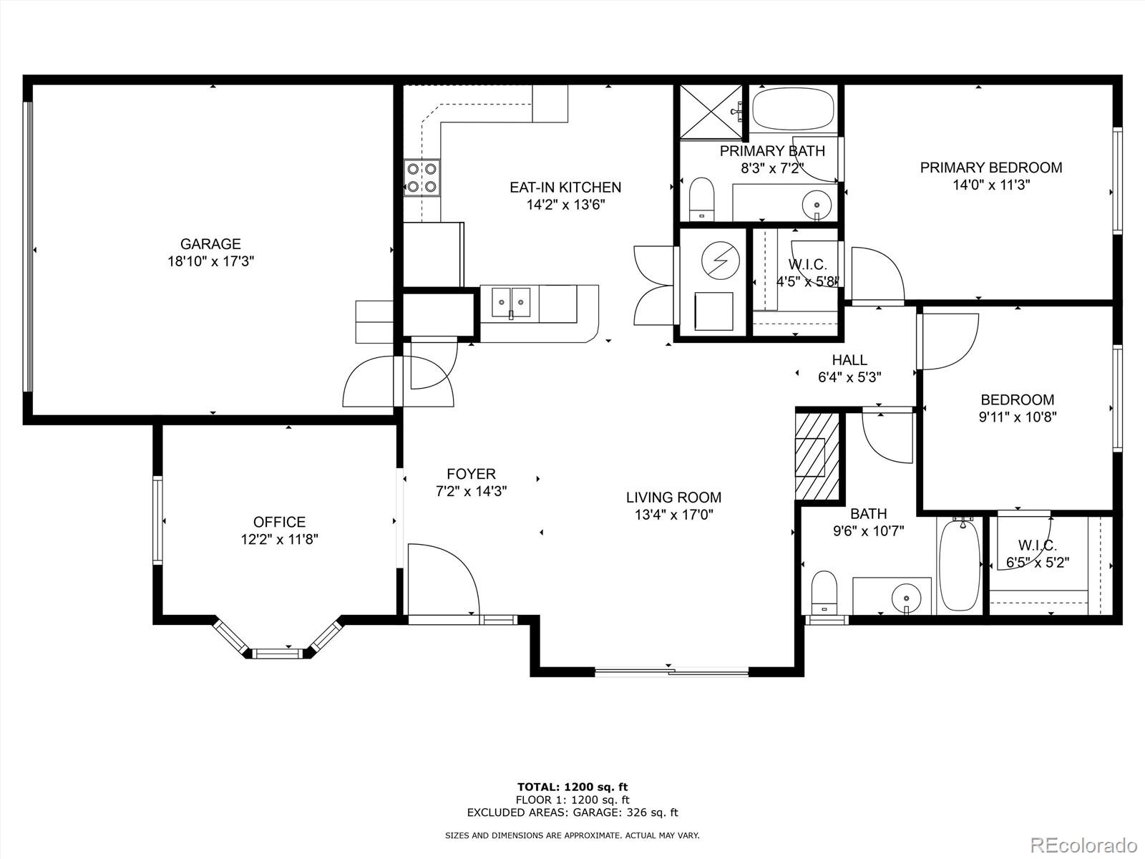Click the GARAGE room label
tap(210, 244)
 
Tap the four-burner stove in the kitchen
tap(422, 178)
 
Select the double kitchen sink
tap(510, 302)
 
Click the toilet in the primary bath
tap(701, 200)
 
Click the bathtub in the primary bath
tap(794, 109)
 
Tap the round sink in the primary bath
tap(817, 204)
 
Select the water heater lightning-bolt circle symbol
tap(718, 260)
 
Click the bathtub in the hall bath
tap(960, 566)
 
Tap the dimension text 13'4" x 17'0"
tap(673, 515)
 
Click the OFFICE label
tap(279, 522)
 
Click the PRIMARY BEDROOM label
tap(990, 168)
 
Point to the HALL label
tap(849, 360)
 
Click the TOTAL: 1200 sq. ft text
tap(572, 787)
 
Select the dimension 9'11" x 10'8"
tap(1017, 417)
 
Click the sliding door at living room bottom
tap(671, 671)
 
